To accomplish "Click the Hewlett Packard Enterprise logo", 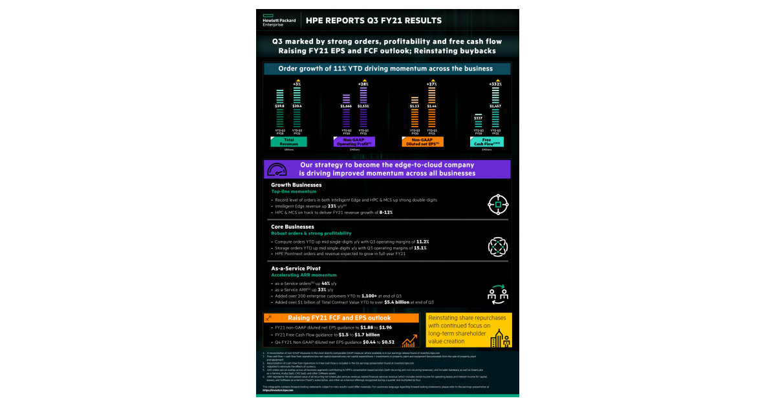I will pos(279,21).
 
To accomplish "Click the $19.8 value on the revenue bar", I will pos(280,105).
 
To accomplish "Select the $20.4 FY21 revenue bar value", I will pos(297,105).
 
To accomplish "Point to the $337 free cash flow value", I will pos(478,118).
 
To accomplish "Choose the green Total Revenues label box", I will pos(288,142).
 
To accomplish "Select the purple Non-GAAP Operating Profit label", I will pos(354,142).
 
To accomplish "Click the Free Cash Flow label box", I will pos(487,142).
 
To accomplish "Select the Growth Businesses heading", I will pos(297,185).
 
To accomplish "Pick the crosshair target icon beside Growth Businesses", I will pos(498,203).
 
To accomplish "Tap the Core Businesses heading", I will pos(293,227).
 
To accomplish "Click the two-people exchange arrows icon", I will pos(498,294).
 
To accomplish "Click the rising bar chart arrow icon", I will pos(408,341).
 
